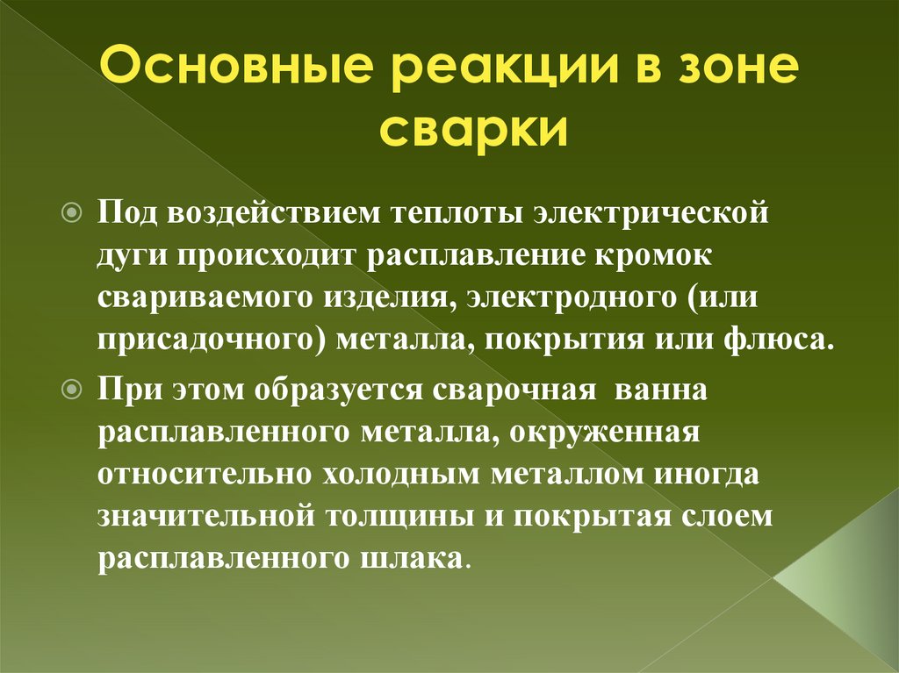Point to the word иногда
pos(707,474)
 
